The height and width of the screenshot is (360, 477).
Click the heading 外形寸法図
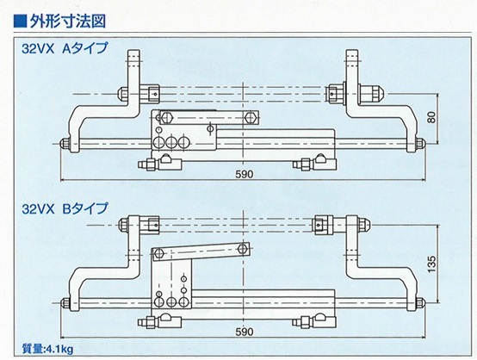67,22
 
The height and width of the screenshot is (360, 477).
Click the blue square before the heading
21,22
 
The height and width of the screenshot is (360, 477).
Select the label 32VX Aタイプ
65,48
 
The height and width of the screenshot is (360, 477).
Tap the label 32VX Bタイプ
65,208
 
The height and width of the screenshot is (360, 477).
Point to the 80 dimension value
432,117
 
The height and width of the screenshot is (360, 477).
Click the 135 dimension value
432,264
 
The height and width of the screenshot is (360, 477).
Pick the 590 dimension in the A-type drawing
245,174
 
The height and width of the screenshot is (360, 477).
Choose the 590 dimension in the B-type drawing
245,332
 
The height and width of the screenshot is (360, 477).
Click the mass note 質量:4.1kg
47,349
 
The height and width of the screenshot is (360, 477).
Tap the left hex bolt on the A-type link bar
166,117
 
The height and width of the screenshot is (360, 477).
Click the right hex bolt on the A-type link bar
250,117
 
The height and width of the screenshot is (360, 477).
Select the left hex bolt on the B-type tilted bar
158,252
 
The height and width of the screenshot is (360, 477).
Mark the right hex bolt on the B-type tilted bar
243,249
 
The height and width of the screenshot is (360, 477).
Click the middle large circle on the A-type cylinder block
171,142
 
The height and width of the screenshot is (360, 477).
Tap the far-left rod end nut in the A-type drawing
65,143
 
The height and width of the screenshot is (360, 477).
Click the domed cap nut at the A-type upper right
371,91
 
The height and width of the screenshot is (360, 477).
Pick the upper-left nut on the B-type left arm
123,225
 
